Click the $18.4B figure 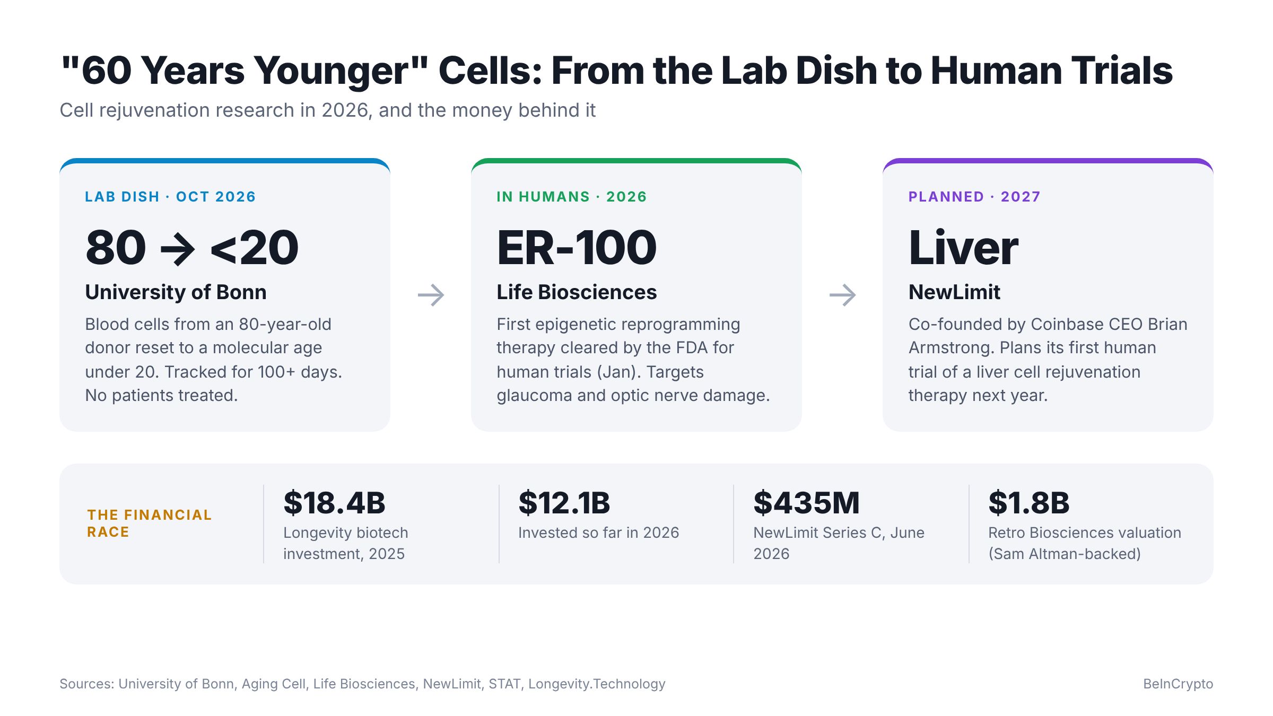point(334,503)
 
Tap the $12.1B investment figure point(564,503)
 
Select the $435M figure point(806,503)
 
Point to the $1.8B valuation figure point(1028,503)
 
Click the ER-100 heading point(577,248)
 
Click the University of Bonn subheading point(176,292)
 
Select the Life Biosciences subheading point(577,292)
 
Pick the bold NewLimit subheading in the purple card point(954,292)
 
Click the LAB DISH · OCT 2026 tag point(170,197)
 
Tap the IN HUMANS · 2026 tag point(572,197)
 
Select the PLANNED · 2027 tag point(974,197)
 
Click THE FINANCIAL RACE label point(149,523)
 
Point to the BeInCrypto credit point(1178,684)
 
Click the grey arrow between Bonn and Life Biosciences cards point(431,295)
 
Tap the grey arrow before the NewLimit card point(842,295)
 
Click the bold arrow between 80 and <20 point(178,248)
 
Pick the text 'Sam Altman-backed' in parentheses point(1065,554)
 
